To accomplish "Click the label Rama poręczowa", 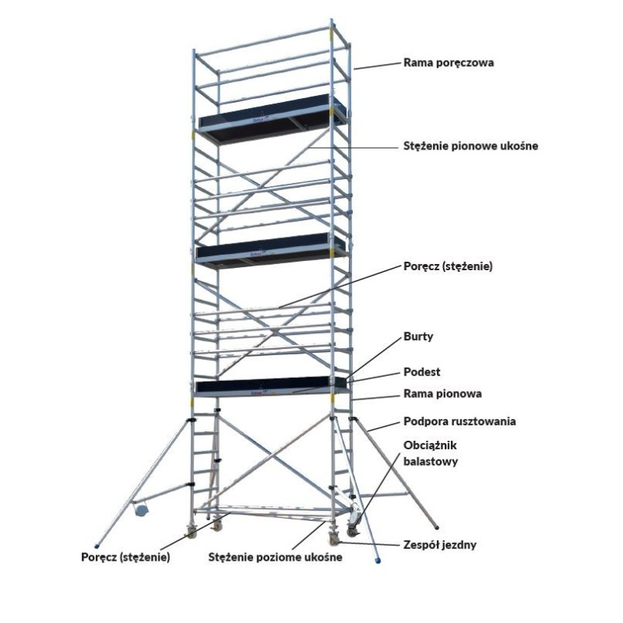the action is tap(449, 63).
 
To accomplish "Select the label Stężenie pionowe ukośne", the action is tap(471, 146).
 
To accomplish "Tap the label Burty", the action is tap(418, 336).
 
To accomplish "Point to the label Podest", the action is tap(422, 372).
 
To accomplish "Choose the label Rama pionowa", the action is tap(442, 394).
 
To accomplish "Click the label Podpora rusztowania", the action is tap(459, 421).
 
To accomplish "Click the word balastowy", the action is tap(431, 461).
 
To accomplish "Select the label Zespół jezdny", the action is tap(440, 544).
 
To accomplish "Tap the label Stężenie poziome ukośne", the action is tap(276, 558).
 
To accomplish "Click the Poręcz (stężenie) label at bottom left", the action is tap(125, 558).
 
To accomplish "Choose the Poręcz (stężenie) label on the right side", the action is tap(449, 266).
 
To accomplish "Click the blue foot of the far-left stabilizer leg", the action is tap(96, 546).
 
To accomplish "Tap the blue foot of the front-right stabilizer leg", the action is tap(378, 560).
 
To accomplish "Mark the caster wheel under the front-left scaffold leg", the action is tap(192, 532).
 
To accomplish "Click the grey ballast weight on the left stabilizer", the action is tap(141, 509).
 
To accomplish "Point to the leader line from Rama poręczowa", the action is tap(377, 66).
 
